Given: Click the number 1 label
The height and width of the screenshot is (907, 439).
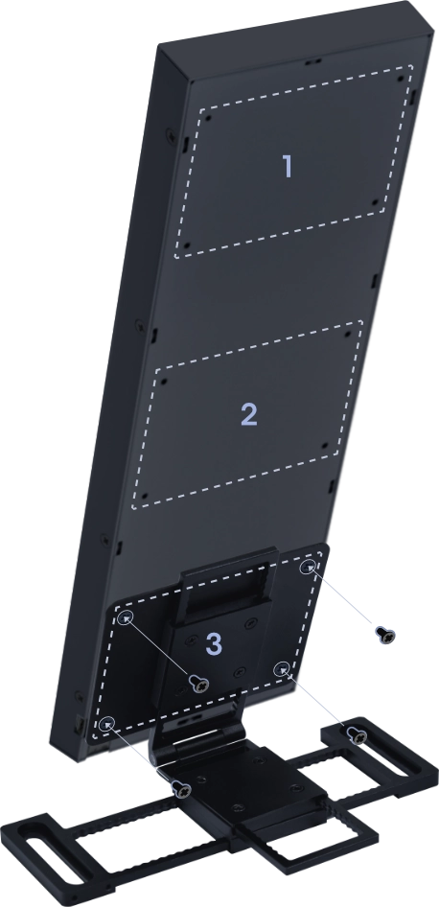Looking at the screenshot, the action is (x=288, y=166).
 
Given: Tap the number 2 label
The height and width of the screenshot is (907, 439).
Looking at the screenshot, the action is (x=248, y=414).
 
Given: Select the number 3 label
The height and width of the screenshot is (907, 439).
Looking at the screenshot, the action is (x=214, y=643).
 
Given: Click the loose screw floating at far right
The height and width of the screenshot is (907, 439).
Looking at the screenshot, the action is (x=385, y=635).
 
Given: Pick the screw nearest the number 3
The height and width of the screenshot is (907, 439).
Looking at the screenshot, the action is (x=200, y=684).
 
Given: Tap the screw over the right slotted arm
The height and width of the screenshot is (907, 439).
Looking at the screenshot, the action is (x=358, y=735).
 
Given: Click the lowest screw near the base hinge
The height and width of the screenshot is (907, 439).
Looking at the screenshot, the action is (x=182, y=789).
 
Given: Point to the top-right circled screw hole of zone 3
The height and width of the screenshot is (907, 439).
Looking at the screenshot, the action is (x=308, y=567).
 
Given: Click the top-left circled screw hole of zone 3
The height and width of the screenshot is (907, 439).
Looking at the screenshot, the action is (x=125, y=618).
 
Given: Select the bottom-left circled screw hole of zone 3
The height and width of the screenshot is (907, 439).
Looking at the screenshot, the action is (x=107, y=723).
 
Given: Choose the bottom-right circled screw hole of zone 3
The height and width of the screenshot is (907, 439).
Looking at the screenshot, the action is (x=281, y=668).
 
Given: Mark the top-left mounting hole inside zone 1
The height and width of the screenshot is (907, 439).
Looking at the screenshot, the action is (x=207, y=117).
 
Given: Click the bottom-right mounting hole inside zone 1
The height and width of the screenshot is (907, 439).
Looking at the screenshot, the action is (x=376, y=202).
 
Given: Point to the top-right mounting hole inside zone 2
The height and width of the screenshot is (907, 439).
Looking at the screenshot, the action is (x=346, y=334).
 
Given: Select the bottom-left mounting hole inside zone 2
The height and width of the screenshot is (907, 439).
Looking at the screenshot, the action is (x=144, y=497).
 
